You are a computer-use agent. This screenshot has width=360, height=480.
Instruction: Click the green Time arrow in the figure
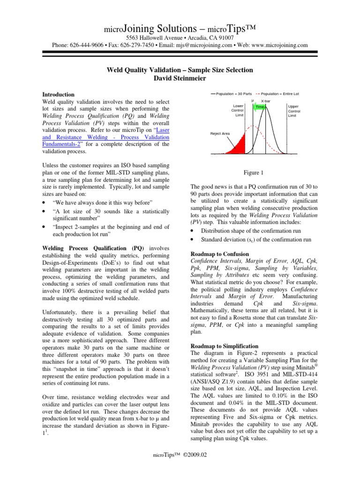point(260,107)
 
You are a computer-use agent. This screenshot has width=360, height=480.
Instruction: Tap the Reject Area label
point(220,134)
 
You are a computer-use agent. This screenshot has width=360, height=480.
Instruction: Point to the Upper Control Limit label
point(295,111)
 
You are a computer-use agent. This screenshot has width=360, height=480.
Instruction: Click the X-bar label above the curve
point(265,101)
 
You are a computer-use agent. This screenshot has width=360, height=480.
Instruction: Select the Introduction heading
point(59,94)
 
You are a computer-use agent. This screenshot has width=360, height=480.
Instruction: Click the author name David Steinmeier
point(180,78)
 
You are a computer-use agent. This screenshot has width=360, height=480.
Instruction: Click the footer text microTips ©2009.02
point(180,467)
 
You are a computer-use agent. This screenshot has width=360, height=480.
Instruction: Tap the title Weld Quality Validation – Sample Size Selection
point(180,70)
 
